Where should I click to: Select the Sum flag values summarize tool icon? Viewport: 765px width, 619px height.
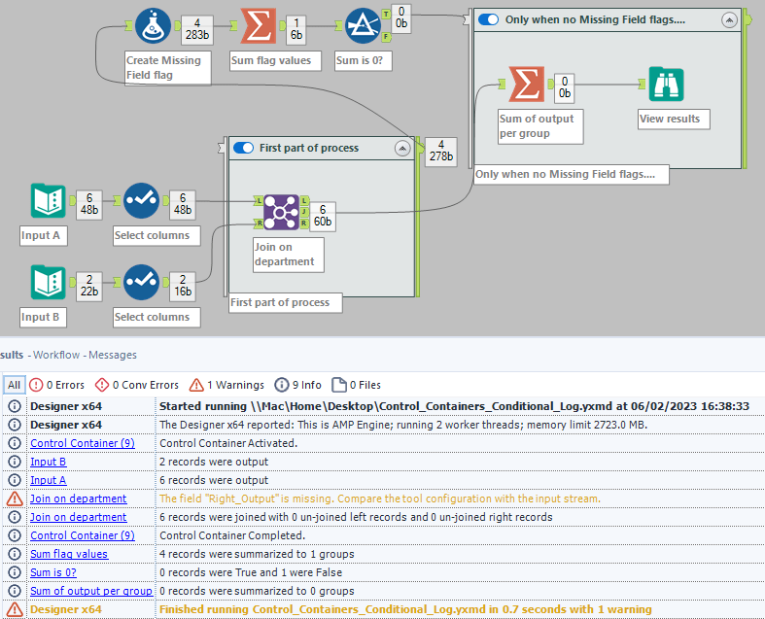point(257,27)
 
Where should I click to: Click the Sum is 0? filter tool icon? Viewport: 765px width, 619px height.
point(363,27)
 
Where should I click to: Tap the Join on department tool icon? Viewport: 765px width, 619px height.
point(280,212)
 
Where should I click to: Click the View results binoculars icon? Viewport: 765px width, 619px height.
point(666,86)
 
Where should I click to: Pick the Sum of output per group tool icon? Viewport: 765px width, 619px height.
point(526,86)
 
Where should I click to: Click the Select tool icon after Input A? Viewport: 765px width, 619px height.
point(142,201)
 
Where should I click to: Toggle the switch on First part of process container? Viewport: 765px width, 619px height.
point(243,148)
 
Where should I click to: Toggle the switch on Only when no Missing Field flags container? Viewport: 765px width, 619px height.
point(489,19)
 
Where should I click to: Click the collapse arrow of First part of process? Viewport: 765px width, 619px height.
point(401,149)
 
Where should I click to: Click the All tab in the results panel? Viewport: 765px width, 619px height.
point(14,384)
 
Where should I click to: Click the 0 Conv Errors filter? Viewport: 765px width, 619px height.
point(136,384)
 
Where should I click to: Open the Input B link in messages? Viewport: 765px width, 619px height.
point(49,462)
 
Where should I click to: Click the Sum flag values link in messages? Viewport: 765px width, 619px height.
point(69,554)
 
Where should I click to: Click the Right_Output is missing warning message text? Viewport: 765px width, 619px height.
point(379,499)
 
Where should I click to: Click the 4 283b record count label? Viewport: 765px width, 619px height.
point(197,26)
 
